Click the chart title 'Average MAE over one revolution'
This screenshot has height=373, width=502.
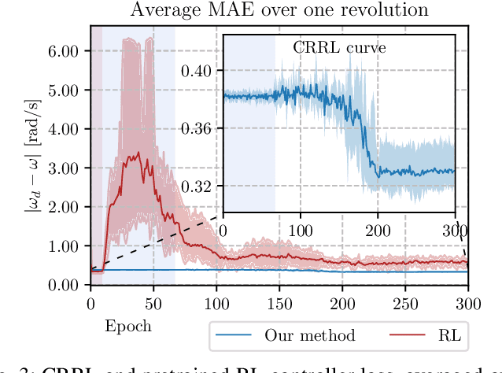click(x=279, y=10)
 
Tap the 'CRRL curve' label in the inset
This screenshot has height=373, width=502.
click(x=339, y=47)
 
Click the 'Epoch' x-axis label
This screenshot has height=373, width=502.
click(x=127, y=326)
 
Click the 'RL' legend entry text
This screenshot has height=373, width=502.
click(x=451, y=336)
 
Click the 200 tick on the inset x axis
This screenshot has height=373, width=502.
click(x=378, y=230)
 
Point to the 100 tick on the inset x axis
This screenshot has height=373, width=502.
click(x=301, y=230)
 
